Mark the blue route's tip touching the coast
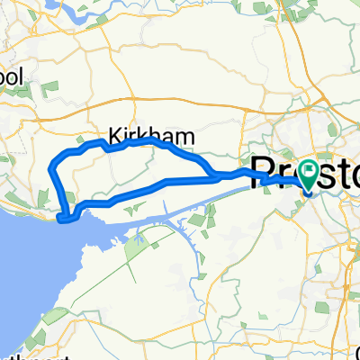(x=59, y=218)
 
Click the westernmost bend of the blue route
(x=49, y=165)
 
